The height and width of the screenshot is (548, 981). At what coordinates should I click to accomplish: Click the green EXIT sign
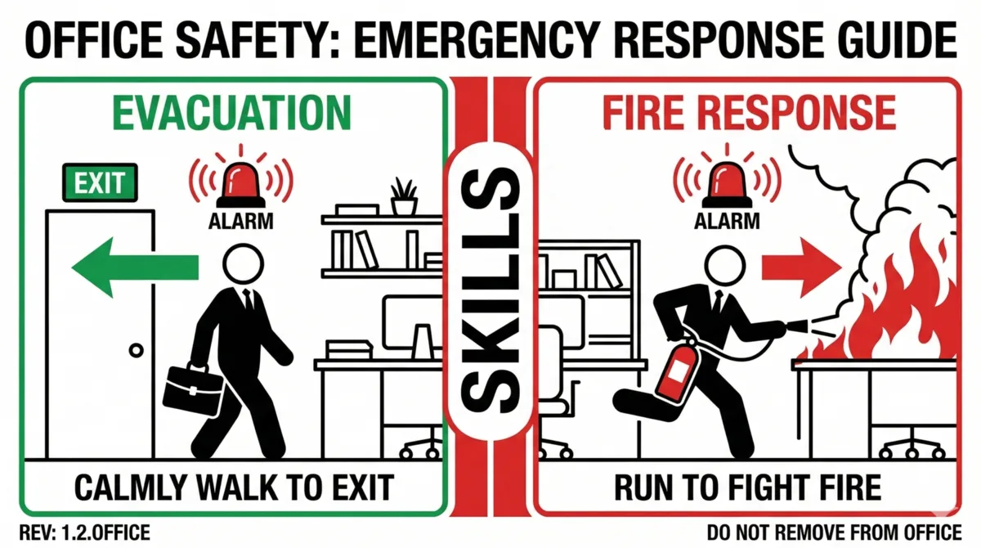click(x=100, y=182)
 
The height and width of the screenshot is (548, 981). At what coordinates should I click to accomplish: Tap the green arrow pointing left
click(x=135, y=267)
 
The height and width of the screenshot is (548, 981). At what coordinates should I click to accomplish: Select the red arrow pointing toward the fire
click(x=801, y=267)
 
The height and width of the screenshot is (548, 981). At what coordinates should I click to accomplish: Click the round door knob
click(x=137, y=350)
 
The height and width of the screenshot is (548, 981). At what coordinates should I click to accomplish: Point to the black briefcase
click(x=193, y=389)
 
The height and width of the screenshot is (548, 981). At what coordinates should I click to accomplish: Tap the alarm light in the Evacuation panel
click(x=240, y=185)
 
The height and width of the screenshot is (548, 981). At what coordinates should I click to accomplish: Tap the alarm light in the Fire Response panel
click(x=727, y=185)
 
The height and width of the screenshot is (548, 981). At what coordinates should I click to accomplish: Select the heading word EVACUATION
click(x=232, y=113)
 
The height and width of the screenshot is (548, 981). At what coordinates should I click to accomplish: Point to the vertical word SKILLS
click(x=490, y=290)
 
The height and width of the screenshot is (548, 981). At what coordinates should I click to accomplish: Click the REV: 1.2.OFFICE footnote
click(x=85, y=532)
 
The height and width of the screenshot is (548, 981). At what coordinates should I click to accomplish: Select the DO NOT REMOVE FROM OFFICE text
click(x=835, y=532)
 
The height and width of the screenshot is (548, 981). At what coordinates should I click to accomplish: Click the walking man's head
click(x=243, y=264)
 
